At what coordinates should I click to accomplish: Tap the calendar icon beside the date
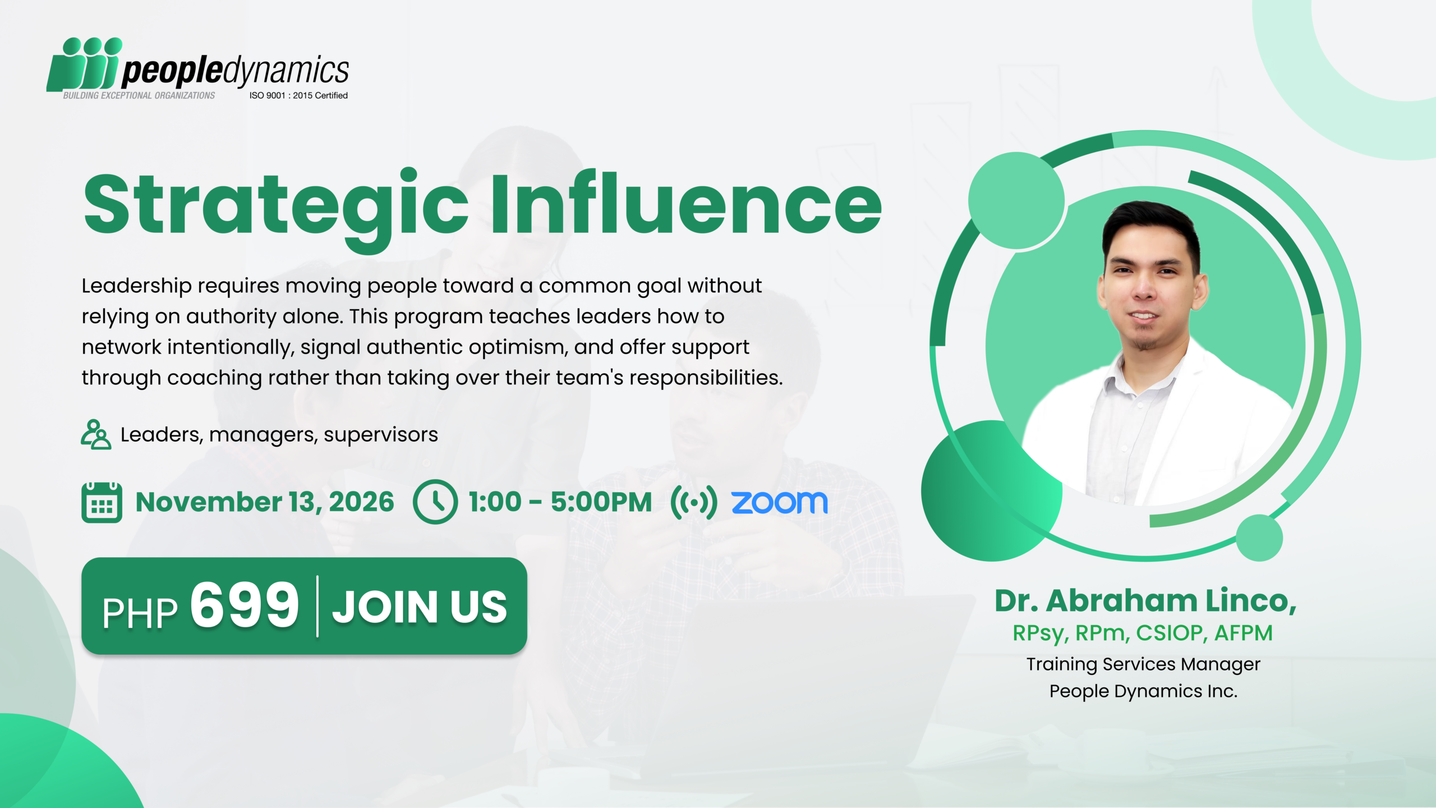[x=102, y=502]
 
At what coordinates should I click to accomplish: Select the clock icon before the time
[x=435, y=502]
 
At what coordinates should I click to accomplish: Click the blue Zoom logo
[x=780, y=502]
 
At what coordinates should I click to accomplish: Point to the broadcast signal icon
[x=694, y=502]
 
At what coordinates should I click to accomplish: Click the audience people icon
[x=95, y=434]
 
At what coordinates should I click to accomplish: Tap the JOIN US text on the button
[x=420, y=607]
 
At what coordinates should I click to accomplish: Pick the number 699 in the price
[x=245, y=605]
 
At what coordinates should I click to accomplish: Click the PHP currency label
[x=140, y=613]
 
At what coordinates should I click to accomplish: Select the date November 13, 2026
[x=265, y=502]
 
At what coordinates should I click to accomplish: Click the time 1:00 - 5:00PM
[x=560, y=502]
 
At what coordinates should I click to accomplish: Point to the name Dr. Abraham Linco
[x=1145, y=601]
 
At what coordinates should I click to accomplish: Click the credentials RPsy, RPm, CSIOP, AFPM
[x=1143, y=633]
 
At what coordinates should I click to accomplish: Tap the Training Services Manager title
[x=1143, y=664]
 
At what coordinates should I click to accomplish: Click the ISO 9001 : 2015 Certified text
[x=298, y=95]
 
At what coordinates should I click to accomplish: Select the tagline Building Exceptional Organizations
[x=139, y=95]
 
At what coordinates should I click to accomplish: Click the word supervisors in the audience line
[x=380, y=435]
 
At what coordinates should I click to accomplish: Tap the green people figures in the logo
[x=84, y=65]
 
